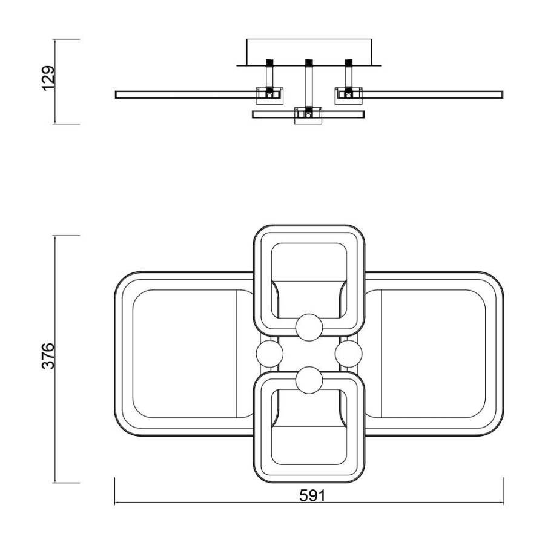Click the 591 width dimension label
coord(312,496)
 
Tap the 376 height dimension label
coord(48,355)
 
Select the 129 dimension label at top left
coord(48,78)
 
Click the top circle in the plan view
coord(309,327)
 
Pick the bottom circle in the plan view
coord(309,380)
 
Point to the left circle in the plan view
coord(269,353)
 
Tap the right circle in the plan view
coord(348,353)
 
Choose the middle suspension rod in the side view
coord(309,85)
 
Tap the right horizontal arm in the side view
coord(433,94)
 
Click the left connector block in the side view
coord(269,94)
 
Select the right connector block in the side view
coord(349,94)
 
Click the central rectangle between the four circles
coord(309,353)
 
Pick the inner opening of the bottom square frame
coord(309,445)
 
